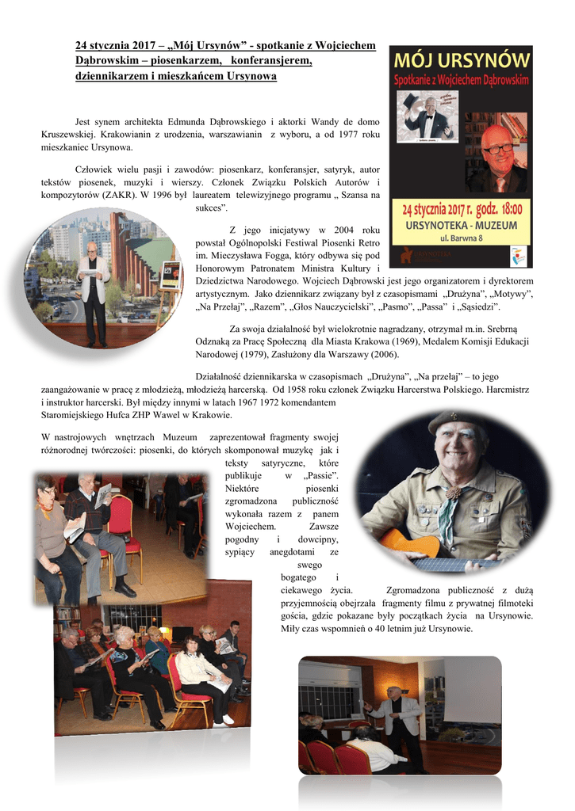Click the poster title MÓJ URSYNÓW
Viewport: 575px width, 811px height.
click(461, 61)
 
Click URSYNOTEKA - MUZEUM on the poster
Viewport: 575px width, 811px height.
click(461, 225)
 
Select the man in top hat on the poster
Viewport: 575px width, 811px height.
click(428, 119)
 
